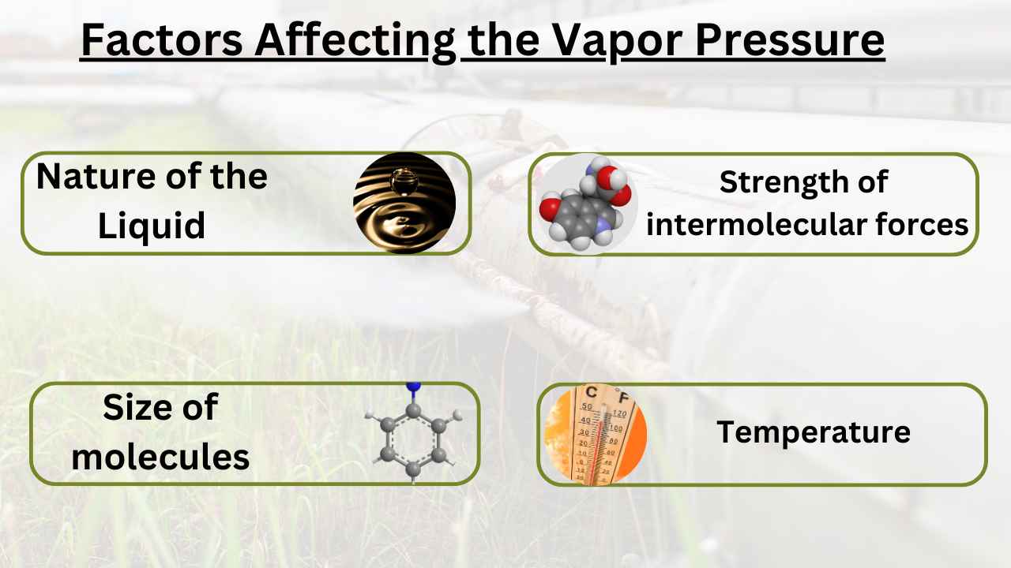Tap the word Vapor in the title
coord(598,41)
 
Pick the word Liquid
coord(152,226)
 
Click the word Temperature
coord(814,432)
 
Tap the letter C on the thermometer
coord(589,392)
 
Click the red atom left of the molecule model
coord(549,210)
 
